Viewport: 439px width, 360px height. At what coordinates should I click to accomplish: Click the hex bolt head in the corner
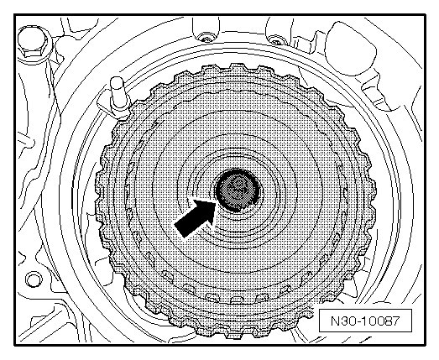pyautogui.click(x=31, y=41)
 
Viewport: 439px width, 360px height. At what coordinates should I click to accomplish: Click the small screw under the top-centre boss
pyautogui.click(x=205, y=38)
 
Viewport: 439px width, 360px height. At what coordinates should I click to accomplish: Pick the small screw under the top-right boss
pyautogui.click(x=277, y=39)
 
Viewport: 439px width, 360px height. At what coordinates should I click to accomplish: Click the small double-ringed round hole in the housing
pyautogui.click(x=34, y=279)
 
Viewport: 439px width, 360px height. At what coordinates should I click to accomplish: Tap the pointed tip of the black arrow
pyautogui.click(x=217, y=201)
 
